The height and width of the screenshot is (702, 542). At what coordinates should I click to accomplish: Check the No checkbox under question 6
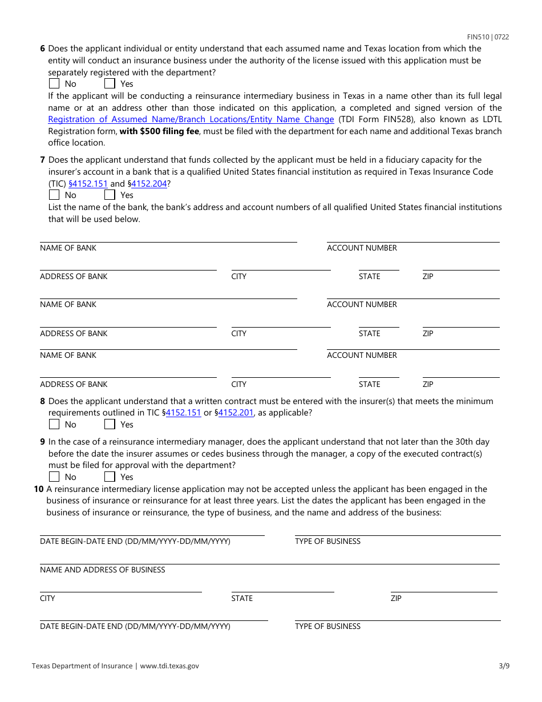coord(54,84)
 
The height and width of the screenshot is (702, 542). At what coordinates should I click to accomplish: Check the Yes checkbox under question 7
coord(110,195)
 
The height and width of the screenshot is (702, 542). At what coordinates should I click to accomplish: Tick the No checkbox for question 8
coord(54,425)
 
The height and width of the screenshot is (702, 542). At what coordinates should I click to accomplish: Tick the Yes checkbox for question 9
coord(110,477)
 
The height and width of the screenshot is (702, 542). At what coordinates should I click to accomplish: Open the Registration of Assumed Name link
coord(191,119)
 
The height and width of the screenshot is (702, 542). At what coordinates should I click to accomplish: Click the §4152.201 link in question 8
coord(236,413)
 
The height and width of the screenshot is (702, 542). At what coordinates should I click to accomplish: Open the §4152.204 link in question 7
coord(150,184)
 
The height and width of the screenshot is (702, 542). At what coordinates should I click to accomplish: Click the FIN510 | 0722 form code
coord(488,37)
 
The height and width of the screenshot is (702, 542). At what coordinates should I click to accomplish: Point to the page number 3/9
coord(503,665)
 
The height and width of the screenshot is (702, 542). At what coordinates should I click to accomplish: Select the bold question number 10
coord(38,489)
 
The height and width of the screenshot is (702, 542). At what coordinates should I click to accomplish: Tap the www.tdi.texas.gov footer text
coord(169,665)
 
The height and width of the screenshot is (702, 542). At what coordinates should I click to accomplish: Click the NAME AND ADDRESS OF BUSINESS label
coord(102,570)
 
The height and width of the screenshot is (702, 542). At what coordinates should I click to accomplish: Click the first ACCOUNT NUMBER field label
coord(362,248)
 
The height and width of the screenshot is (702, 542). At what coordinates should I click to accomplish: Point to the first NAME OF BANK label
coord(68,248)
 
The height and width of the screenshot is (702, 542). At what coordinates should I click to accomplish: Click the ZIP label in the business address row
coord(396,598)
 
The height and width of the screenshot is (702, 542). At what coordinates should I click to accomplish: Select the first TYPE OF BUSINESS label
coord(327,541)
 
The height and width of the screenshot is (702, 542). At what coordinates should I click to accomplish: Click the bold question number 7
coord(42,160)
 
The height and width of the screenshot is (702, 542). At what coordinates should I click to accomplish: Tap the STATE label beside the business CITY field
coord(242,598)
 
